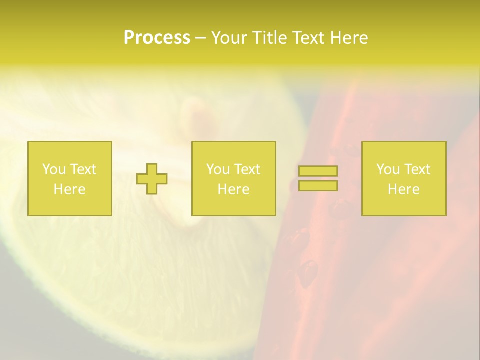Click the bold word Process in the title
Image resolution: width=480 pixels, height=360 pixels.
pos(157,38)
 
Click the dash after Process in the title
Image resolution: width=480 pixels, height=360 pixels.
pos(200,38)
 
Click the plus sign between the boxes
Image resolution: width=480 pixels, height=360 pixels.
pos(152,179)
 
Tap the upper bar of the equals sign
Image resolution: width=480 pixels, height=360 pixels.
pos(318,171)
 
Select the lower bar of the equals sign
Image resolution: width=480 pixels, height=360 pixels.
pos(318,186)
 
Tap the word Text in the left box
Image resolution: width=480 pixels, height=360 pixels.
pos(83,169)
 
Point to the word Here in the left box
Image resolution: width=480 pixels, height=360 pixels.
pos(69,189)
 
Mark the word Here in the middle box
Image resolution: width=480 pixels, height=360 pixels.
pos(233,189)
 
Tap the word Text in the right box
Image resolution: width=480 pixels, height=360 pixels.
pos(417,169)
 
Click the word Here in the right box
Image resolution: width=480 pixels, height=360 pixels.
pos(403,189)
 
